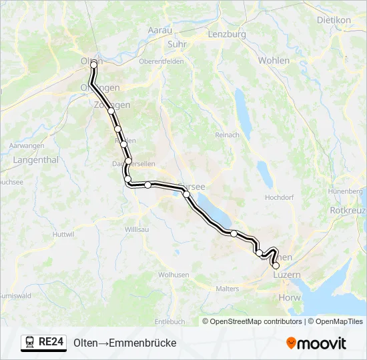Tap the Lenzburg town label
point(227,34)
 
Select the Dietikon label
point(334,20)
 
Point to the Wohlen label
point(274,61)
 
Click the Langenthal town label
point(36,160)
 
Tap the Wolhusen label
point(173,274)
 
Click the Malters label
point(228,289)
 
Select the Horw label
point(290,298)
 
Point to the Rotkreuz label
point(348,210)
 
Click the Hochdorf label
point(280,197)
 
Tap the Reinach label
point(227,135)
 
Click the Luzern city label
point(287,275)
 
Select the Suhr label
point(177,44)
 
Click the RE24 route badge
point(44,343)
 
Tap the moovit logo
point(316,343)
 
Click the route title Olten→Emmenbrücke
point(125,343)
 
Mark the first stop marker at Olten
point(94,64)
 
